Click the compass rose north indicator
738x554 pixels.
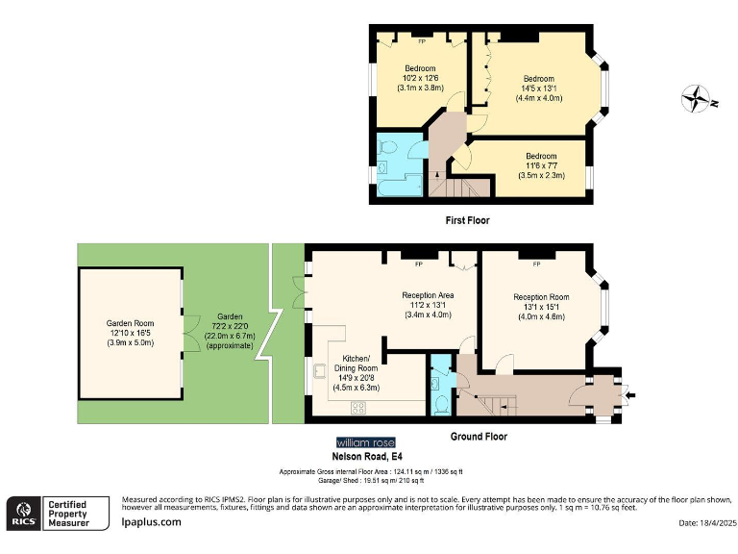(694, 99)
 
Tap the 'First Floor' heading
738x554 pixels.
(467, 220)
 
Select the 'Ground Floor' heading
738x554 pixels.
(479, 436)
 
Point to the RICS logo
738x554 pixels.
(21, 511)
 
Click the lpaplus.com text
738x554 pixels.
(151, 521)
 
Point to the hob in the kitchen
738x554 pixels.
(358, 407)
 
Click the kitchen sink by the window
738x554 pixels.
(318, 371)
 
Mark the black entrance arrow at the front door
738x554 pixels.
(629, 394)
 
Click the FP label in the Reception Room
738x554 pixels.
(536, 263)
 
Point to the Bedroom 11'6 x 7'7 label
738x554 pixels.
(540, 165)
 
